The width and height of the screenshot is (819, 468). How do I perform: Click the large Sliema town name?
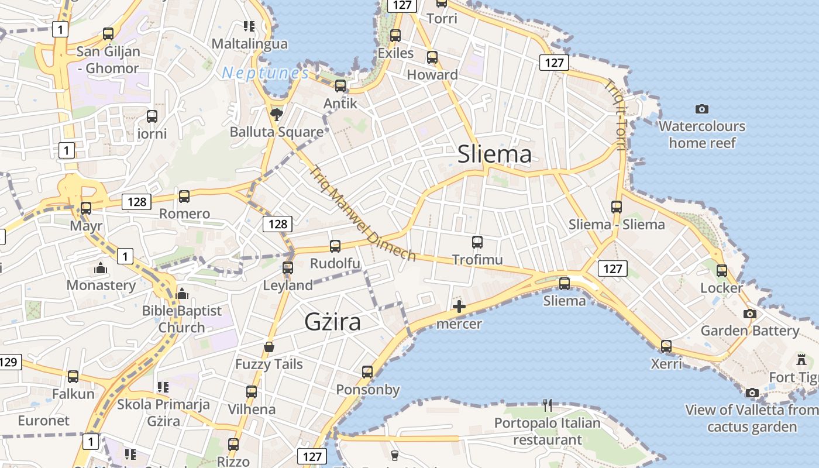click(494, 154)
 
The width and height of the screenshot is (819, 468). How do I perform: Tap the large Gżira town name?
click(332, 322)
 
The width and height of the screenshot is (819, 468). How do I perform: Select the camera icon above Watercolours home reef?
click(702, 109)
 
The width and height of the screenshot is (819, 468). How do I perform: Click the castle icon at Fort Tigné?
click(801, 360)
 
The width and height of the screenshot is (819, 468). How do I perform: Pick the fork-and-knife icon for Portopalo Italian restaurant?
click(548, 405)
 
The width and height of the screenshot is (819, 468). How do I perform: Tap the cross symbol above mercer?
click(459, 306)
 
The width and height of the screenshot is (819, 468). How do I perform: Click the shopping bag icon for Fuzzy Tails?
click(269, 347)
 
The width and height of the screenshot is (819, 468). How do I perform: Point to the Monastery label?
click(101, 285)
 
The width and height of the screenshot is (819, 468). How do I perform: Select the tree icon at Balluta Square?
click(277, 113)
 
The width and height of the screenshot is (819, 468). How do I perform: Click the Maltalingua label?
click(250, 44)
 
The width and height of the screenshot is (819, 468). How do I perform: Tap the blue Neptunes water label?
click(266, 73)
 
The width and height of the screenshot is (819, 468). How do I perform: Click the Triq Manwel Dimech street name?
click(362, 214)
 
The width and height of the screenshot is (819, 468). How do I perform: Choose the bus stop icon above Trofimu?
click(477, 242)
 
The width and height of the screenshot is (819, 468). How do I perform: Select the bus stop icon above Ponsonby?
click(367, 372)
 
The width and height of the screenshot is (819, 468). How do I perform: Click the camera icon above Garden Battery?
click(749, 314)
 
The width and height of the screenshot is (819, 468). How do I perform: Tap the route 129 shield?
click(9, 362)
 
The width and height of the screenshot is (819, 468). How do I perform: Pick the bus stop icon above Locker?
click(722, 270)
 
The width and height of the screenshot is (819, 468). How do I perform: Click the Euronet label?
click(43, 421)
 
